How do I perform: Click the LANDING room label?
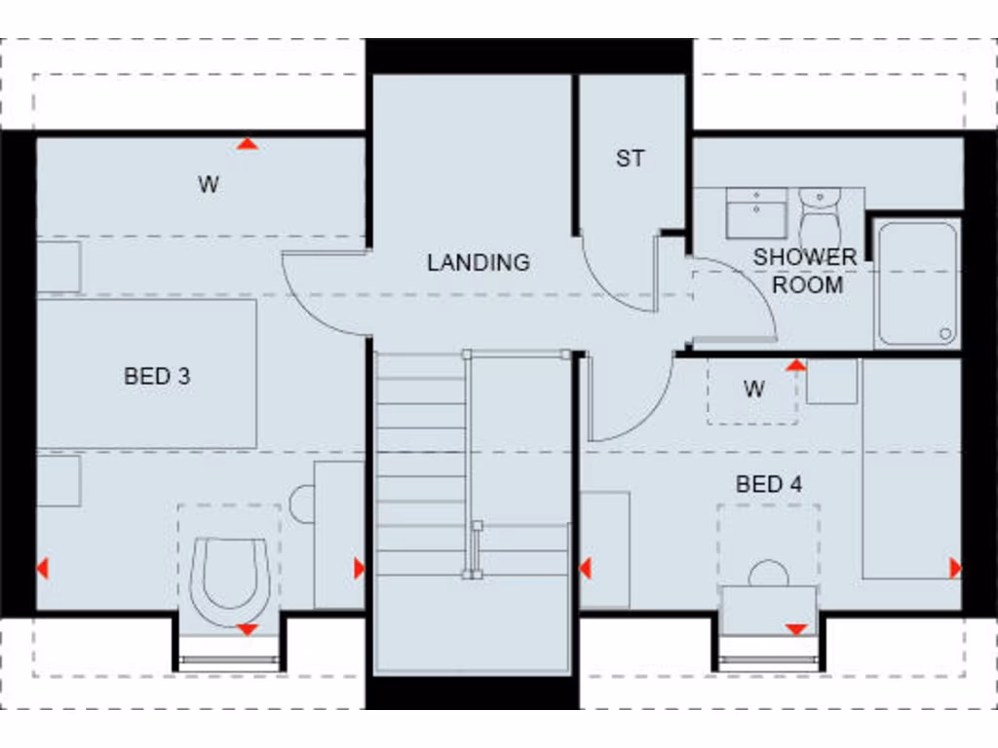pos(478,262)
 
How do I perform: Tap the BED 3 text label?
pos(157,376)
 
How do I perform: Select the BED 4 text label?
pos(769,484)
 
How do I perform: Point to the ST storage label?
pos(630,159)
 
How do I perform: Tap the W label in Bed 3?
pos(209,185)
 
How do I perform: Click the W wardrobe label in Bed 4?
pos(753,390)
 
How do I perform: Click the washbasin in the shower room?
pos(756,213)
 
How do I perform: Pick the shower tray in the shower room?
pos(916,283)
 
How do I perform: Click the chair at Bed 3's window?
pos(230,580)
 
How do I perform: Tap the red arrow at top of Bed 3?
pos(249,144)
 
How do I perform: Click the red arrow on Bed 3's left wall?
pos(42,568)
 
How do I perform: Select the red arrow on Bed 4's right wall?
pos(954,568)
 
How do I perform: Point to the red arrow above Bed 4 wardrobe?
pos(796,365)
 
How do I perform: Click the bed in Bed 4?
pos(910,467)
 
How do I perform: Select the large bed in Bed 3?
pos(146,374)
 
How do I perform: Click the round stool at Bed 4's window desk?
pos(768,574)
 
